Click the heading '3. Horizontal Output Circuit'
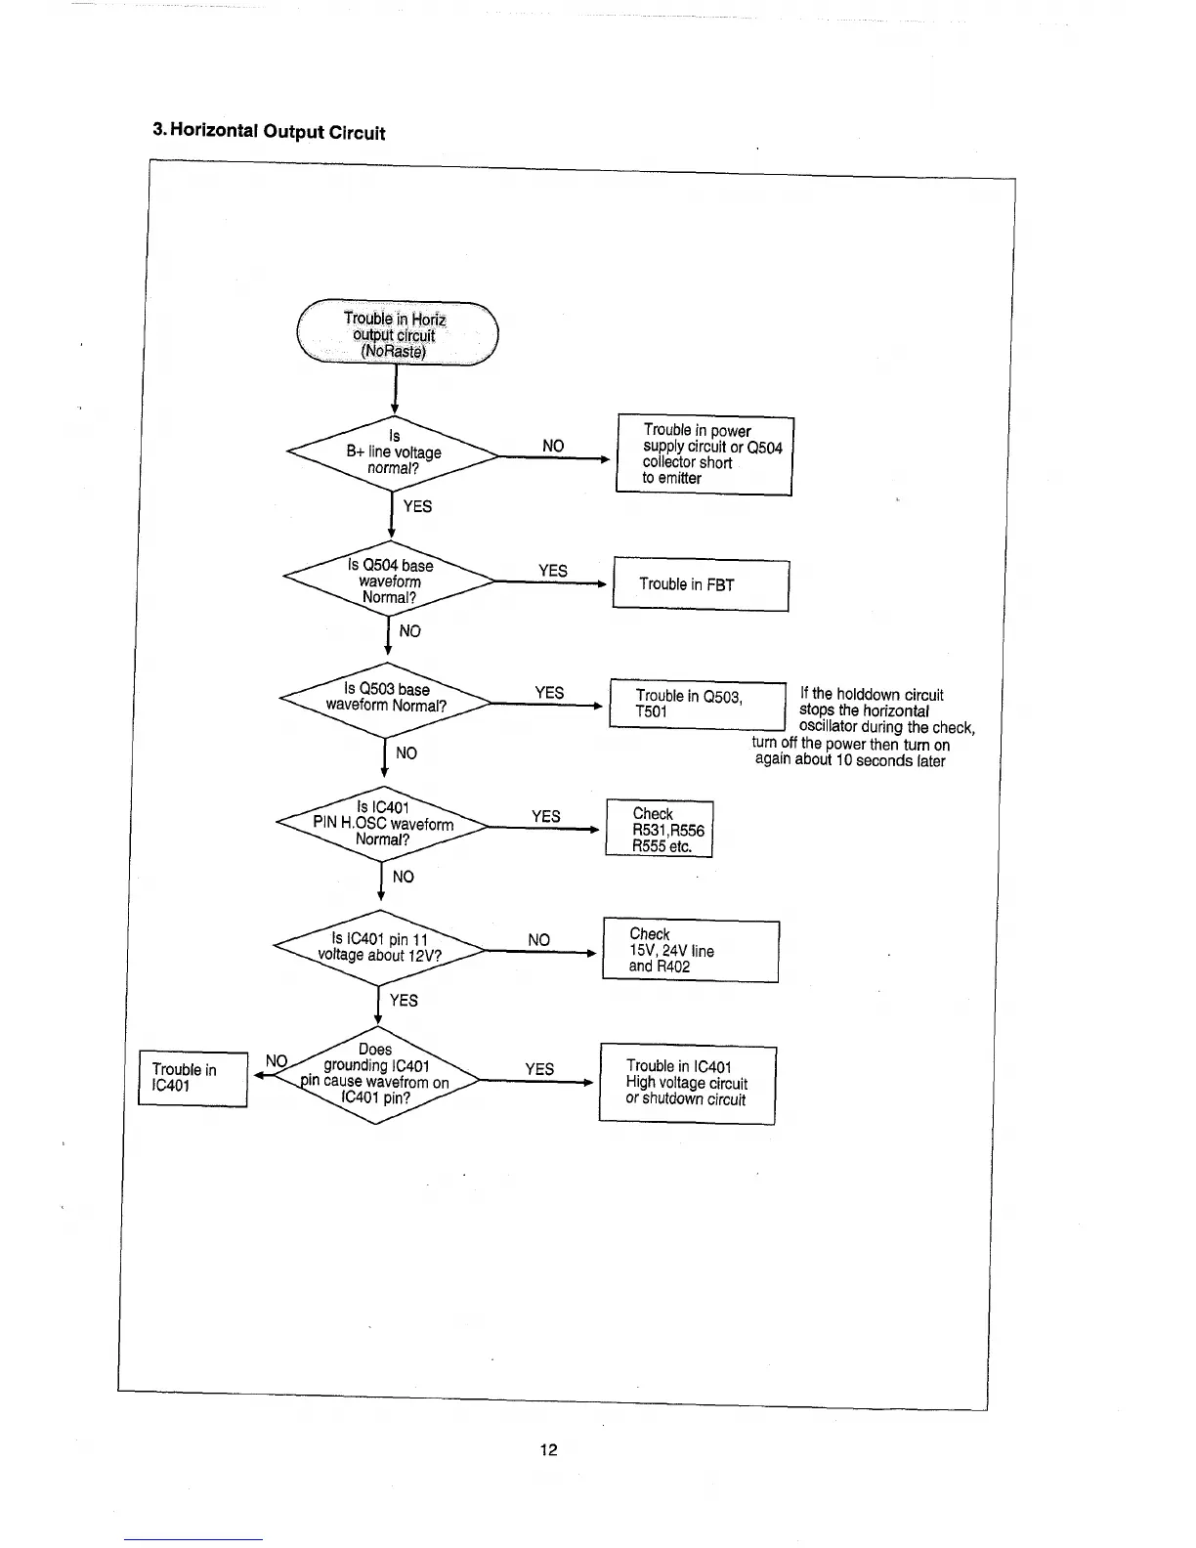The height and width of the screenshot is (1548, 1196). tap(270, 132)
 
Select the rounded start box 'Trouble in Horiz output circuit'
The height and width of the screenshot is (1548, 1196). tap(396, 334)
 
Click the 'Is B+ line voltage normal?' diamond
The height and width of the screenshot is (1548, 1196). tap(394, 452)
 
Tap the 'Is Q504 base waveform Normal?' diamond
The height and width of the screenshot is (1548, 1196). tap(390, 580)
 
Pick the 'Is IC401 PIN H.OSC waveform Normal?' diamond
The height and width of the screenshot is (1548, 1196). tap(382, 823)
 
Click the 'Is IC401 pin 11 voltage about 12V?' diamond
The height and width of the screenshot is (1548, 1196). tap(380, 947)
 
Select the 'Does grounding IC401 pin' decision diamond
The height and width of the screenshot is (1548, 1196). tap(376, 1074)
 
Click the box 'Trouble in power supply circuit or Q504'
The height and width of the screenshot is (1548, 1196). tap(705, 454)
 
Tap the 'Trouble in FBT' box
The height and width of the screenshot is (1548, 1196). tap(701, 583)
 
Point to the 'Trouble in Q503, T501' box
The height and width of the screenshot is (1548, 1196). tap(698, 704)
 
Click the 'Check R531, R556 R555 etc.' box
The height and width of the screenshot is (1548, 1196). tap(660, 830)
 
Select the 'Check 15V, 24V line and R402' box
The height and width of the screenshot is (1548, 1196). tap(691, 950)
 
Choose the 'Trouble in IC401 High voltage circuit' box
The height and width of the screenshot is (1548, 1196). tap(687, 1083)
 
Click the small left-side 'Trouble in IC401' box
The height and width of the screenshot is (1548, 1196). tap(192, 1078)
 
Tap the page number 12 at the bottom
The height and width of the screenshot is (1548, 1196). tap(548, 1449)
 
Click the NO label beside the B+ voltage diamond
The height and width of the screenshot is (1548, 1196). tap(553, 446)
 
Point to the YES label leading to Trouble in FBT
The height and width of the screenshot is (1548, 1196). tap(553, 571)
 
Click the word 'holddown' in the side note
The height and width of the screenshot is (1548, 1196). tap(870, 695)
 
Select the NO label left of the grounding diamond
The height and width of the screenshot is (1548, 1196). tap(277, 1061)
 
